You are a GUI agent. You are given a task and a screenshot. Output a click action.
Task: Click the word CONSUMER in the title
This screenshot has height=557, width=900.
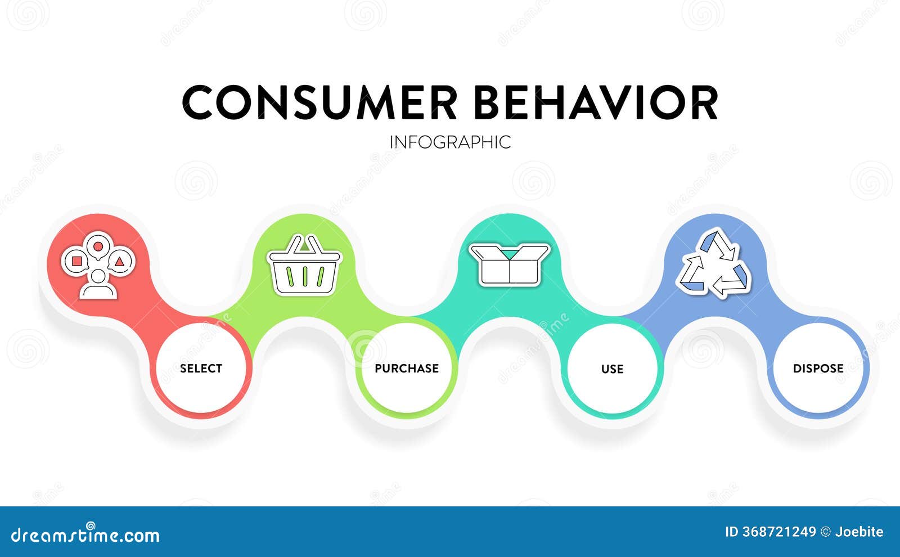[319, 103]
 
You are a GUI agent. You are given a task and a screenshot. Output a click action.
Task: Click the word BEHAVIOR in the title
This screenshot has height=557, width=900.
[595, 103]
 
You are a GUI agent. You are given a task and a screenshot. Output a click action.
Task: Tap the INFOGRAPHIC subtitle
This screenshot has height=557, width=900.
[450, 142]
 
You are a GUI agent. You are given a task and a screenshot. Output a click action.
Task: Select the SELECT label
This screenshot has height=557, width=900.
[201, 369]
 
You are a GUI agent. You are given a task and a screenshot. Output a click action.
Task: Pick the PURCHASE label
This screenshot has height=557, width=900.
[407, 369]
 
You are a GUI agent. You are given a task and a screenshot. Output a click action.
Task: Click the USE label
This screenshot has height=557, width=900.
[612, 369]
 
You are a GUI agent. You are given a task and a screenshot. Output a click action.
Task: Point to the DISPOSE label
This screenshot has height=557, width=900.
[818, 369]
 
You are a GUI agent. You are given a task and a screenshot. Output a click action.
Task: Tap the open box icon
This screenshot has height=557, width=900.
[510, 264]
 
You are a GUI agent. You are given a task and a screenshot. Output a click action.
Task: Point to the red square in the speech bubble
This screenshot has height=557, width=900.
[76, 261]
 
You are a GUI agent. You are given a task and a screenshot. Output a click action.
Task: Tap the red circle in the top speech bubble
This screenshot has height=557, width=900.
[98, 246]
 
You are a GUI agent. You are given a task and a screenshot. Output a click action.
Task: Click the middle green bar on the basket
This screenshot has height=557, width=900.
[305, 276]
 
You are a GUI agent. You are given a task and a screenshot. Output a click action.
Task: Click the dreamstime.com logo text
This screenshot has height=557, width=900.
[85, 535]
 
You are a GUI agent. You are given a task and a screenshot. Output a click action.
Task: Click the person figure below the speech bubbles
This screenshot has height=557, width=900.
[98, 285]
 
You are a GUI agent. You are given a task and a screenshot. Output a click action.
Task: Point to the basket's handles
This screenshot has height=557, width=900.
[305, 244]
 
